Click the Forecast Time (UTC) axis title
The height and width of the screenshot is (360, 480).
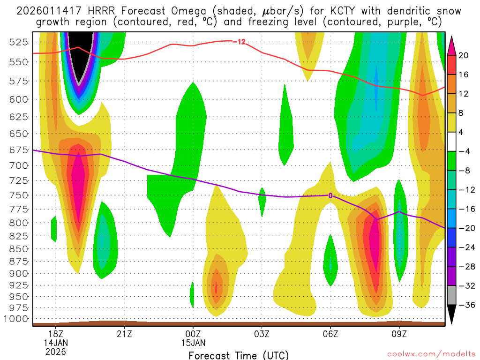[239, 355]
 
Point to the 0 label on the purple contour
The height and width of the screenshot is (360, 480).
[330, 195]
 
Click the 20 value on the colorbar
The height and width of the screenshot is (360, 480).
[464, 55]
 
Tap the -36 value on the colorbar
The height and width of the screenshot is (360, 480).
[464, 305]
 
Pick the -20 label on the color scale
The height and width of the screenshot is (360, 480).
[464, 228]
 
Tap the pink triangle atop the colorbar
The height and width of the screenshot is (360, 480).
[452, 45]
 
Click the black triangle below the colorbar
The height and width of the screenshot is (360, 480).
[452, 314]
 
